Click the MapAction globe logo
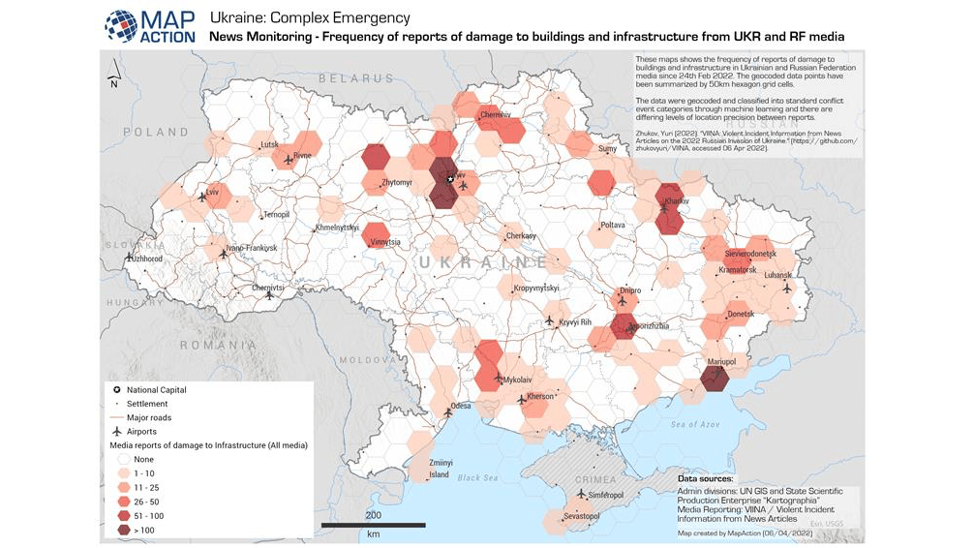pos(121,25)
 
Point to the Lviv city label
pos(213,193)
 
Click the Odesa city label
pos(461,406)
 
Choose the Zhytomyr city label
pos(397,181)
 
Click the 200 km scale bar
pos(373,525)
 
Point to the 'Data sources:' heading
pos(705,478)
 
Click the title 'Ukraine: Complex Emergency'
pos(310,17)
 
